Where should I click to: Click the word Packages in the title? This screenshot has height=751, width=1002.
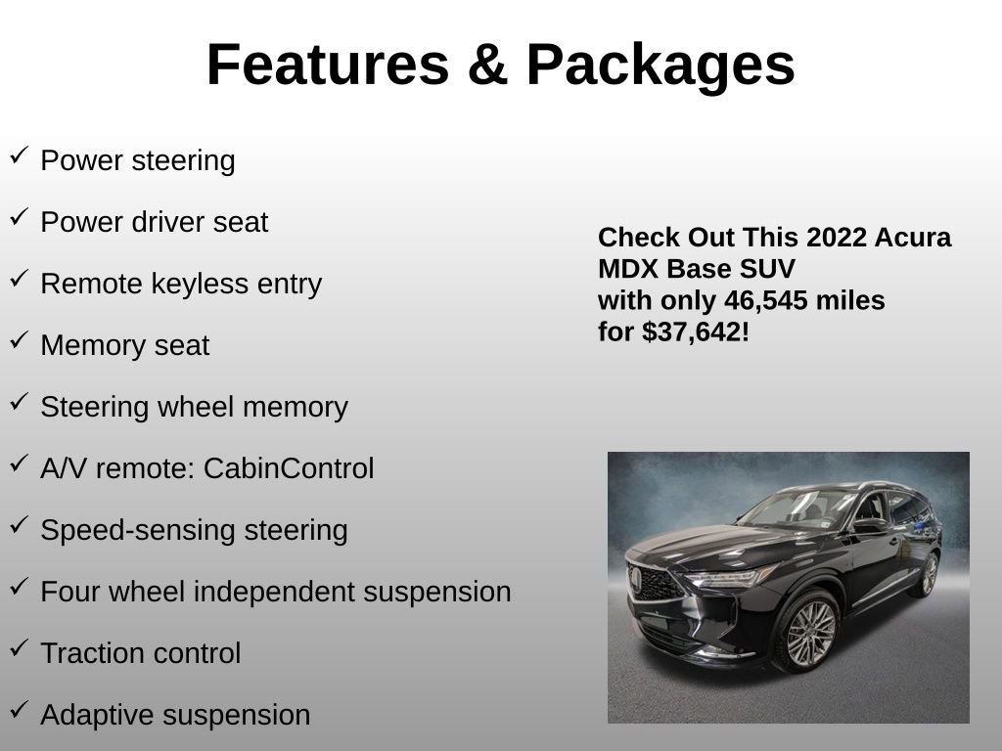pos(660,65)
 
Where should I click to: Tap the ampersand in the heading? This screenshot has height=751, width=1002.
pos(487,65)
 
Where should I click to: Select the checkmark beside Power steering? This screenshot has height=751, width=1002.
pos(19,155)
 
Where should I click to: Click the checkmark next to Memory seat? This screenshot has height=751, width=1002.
pos(19,340)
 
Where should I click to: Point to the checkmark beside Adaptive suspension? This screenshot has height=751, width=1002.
pos(19,710)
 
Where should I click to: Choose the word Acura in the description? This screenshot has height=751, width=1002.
pos(915,238)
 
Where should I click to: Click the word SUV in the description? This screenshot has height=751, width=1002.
pos(769,269)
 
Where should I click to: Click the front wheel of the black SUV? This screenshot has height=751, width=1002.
pos(809,633)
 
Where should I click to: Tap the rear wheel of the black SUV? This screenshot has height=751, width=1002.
pos(926,575)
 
